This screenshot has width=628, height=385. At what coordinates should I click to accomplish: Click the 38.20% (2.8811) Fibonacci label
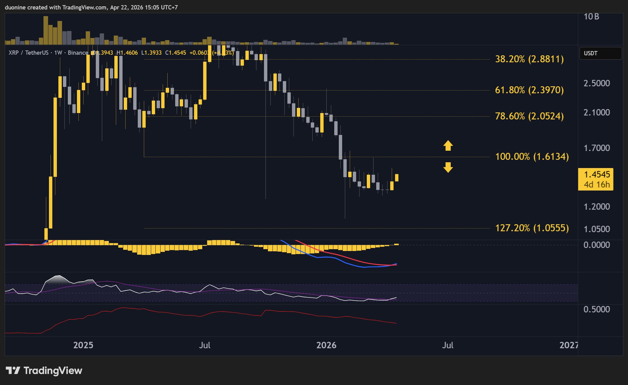pyautogui.click(x=529, y=59)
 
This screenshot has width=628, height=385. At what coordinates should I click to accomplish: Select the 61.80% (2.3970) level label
pyautogui.click(x=529, y=90)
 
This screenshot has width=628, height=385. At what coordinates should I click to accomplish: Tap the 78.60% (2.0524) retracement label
pyautogui.click(x=529, y=116)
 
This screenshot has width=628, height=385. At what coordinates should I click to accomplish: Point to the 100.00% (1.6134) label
pyautogui.click(x=532, y=156)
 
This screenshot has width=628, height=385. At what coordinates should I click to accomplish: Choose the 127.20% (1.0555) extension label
pyautogui.click(x=532, y=228)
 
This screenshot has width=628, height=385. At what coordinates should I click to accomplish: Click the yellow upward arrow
pyautogui.click(x=448, y=146)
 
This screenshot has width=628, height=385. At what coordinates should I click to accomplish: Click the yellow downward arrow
pyautogui.click(x=448, y=167)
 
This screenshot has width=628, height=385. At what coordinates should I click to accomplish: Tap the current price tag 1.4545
pyautogui.click(x=597, y=174)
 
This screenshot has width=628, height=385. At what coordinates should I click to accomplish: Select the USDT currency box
pyautogui.click(x=600, y=53)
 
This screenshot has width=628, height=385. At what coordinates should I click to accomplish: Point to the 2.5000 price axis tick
pyautogui.click(x=596, y=83)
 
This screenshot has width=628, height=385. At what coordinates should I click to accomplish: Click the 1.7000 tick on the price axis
pyautogui.click(x=596, y=148)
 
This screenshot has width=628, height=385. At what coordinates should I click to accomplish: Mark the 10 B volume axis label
pyautogui.click(x=591, y=17)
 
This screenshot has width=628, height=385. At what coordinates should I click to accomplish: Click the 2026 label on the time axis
pyautogui.click(x=326, y=345)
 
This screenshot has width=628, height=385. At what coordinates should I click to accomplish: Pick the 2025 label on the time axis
pyautogui.click(x=83, y=345)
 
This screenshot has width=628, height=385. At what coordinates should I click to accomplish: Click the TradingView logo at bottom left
pyautogui.click(x=44, y=371)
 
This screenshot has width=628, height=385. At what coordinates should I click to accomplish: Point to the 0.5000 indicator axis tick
pyautogui.click(x=596, y=309)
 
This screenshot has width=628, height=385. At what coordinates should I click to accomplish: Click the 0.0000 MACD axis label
pyautogui.click(x=596, y=245)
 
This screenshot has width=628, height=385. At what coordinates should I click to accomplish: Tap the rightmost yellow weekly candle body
pyautogui.click(x=397, y=177)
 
